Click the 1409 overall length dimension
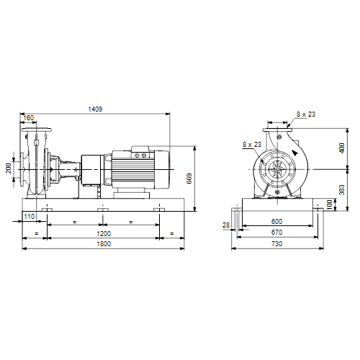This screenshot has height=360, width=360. [x=95, y=109]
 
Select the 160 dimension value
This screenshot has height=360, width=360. [x=29, y=118]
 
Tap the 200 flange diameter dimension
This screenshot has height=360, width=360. [x=9, y=168]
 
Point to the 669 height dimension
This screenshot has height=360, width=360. [x=189, y=179]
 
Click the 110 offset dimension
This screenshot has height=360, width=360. [x=30, y=217]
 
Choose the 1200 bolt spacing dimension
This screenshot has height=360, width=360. [x=104, y=233]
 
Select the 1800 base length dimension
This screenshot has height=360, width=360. [x=104, y=244]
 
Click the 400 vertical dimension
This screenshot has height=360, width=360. [x=342, y=148]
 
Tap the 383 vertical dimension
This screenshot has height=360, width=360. [x=342, y=190]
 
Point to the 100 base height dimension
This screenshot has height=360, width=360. [x=330, y=204]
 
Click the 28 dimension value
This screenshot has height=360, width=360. [x=226, y=225]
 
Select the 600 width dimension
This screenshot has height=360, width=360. [x=276, y=221]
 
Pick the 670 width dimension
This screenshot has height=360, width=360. [x=276, y=233]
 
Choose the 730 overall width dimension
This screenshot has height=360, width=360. [x=276, y=244]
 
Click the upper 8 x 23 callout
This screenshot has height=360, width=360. [x=306, y=114]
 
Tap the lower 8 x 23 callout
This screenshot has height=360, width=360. [x=252, y=145]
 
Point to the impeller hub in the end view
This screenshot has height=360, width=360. [x=277, y=169]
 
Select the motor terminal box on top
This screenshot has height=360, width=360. [x=140, y=152]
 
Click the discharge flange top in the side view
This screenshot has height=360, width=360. [x=37, y=130]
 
